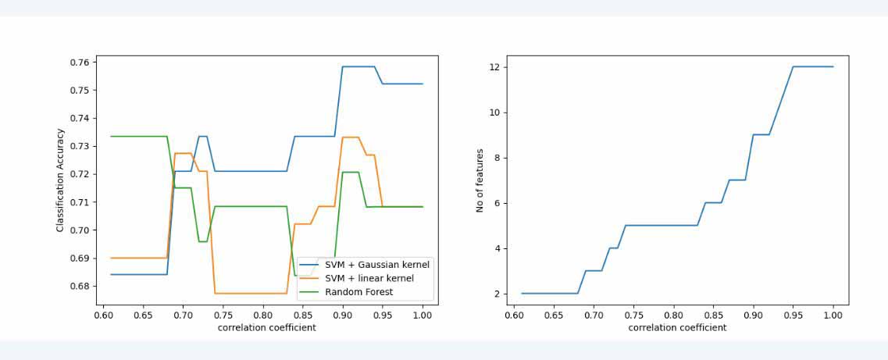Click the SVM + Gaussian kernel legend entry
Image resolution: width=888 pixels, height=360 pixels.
[377, 265]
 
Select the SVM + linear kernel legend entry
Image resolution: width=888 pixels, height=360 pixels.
[369, 279]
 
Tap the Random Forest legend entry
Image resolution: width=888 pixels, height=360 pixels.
[358, 292]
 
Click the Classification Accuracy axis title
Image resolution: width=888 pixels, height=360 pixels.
[60, 180]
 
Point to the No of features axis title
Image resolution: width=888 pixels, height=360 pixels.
[480, 180]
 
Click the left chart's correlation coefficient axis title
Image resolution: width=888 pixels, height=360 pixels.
[267, 328]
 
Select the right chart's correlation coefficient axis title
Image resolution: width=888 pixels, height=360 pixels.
[677, 328]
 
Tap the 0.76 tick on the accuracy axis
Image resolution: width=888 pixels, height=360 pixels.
[80, 62]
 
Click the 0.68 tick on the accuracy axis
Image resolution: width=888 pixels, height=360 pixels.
[80, 286]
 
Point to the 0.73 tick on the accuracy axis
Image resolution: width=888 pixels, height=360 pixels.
[80, 146]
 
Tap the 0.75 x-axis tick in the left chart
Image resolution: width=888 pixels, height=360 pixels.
[223, 315]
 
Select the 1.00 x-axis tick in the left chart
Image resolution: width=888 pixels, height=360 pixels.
[423, 315]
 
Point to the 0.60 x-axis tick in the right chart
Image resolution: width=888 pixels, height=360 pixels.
[514, 315]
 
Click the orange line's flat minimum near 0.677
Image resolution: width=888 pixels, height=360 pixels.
[250, 294]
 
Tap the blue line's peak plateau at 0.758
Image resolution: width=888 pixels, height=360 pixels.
[359, 67]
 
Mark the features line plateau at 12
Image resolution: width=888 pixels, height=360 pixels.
[813, 67]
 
